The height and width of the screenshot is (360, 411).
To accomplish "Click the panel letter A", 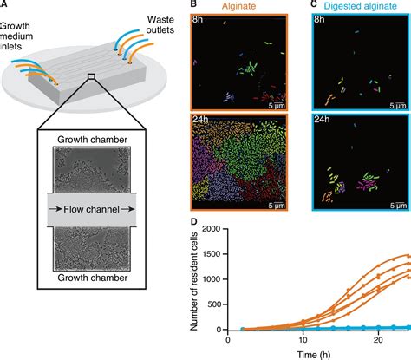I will (5, 6).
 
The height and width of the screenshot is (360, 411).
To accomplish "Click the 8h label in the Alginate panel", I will (199, 19).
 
